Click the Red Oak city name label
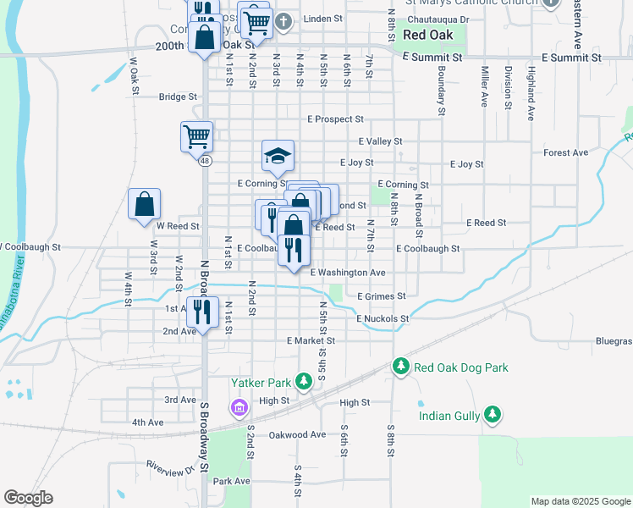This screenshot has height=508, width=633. [x=428, y=35]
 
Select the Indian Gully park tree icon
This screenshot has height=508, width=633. [x=491, y=415]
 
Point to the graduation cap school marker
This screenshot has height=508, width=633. [x=278, y=157]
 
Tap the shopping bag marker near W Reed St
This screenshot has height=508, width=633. [x=144, y=204]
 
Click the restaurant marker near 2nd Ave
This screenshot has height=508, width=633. [x=202, y=312]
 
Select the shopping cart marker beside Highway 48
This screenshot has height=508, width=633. [x=196, y=135]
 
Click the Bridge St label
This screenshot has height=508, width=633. [x=178, y=97]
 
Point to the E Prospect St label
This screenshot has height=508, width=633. [x=335, y=119]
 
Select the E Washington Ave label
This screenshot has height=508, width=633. [x=348, y=273]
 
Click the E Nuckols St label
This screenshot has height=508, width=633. [x=383, y=319]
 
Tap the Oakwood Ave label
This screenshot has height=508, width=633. [x=297, y=435]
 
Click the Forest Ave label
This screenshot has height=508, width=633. [x=566, y=153]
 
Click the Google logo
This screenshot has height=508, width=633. [x=28, y=498]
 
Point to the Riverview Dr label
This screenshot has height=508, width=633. [x=165, y=465]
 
